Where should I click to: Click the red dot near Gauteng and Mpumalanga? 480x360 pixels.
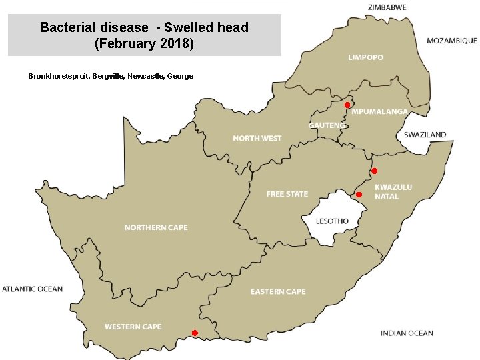(347, 105)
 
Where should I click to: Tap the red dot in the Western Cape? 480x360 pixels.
(195, 333)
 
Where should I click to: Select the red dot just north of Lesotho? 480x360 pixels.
(359, 194)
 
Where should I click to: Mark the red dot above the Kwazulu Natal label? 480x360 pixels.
(374, 171)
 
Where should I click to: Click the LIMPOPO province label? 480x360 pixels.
(365, 57)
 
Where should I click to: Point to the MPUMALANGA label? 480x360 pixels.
(379, 111)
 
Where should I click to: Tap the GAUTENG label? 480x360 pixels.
(327, 125)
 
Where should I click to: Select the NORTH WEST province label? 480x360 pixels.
(257, 138)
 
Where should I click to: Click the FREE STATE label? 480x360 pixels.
(287, 194)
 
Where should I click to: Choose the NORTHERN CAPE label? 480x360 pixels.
(156, 227)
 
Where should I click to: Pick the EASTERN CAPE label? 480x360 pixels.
(277, 291)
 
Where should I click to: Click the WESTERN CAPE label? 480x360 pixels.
(133, 327)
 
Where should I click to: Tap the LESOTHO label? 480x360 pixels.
(332, 221)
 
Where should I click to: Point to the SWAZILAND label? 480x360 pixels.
(425, 135)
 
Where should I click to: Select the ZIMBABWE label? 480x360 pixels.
(387, 7)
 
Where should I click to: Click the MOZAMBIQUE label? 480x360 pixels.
(451, 41)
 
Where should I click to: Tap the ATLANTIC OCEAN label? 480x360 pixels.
(32, 289)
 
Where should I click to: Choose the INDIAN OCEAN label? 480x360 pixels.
(407, 333)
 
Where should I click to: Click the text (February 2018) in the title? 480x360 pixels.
(144, 44)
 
